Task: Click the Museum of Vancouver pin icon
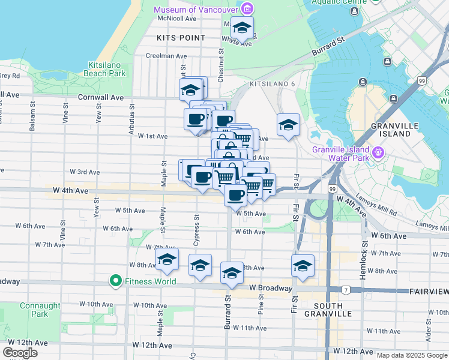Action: pyautogui.click(x=247, y=9)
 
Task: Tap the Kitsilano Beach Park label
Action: pyautogui.click(x=107, y=69)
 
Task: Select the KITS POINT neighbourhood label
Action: pyautogui.click(x=181, y=37)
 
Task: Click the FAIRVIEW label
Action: pyautogui.click(x=429, y=291)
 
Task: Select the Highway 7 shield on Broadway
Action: pyautogui.click(x=346, y=290)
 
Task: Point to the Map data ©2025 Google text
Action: pyautogui.click(x=412, y=355)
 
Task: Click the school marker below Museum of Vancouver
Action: pyautogui.click(x=242, y=28)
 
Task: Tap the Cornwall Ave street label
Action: pyautogui.click(x=101, y=97)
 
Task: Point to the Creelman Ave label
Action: pyautogui.click(x=167, y=56)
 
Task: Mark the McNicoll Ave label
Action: pyautogui.click(x=177, y=19)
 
